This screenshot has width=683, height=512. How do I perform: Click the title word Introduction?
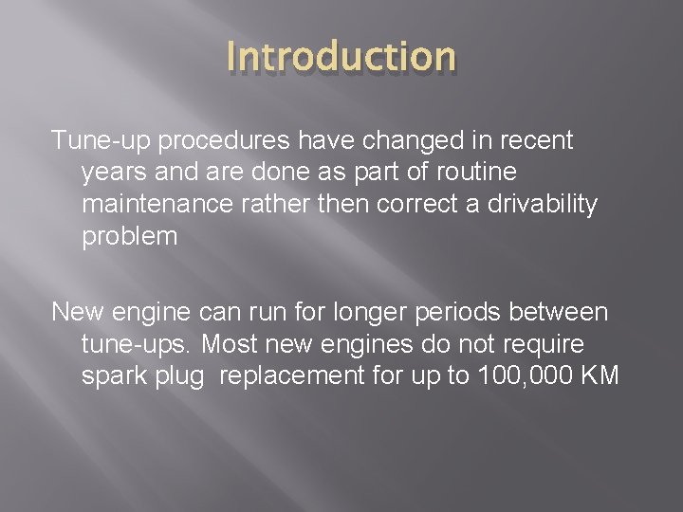tap(341, 56)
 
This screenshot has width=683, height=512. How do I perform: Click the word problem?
tap(130, 237)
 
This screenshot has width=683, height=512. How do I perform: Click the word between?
tap(562, 311)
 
